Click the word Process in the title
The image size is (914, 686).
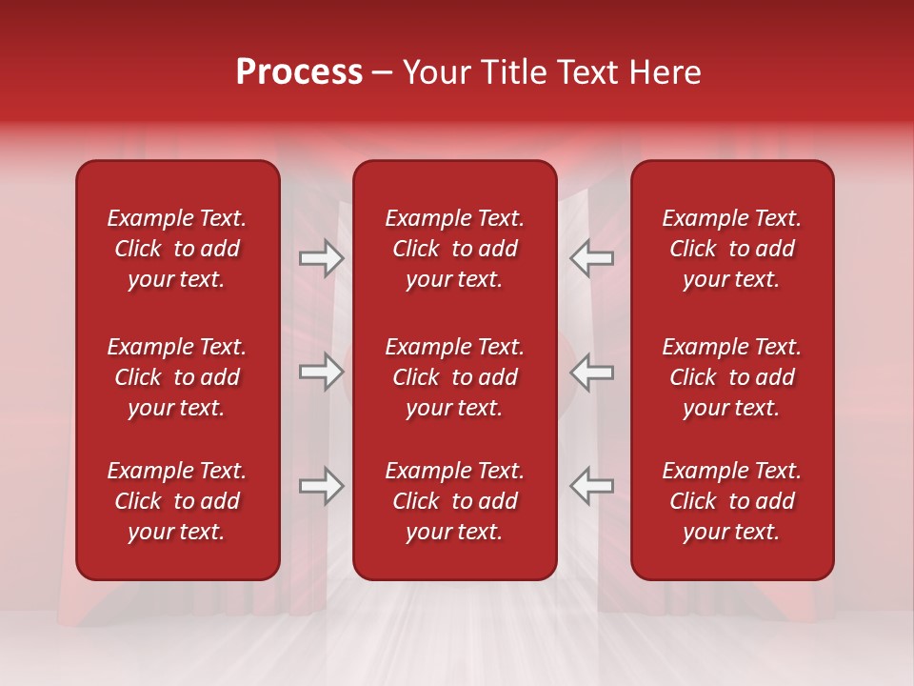pos(299,72)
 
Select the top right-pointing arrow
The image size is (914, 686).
pos(322,258)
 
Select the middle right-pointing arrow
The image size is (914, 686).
pos(322,372)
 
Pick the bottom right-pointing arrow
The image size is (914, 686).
pos(322,486)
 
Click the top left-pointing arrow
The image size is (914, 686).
pos(591,258)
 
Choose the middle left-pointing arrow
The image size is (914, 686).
pos(591,372)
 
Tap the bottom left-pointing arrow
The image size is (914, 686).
pos(591,486)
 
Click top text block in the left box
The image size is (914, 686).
pos(177,249)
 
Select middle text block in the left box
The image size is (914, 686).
pos(177,377)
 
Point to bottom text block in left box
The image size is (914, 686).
pos(177,501)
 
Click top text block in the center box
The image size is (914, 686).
pos(455,249)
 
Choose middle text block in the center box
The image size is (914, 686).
pos(455,377)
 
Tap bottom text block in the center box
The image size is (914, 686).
pos(455,501)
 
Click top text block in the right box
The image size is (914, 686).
pos(732,249)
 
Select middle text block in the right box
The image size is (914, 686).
pos(732,377)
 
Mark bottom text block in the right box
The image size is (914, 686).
pos(732,501)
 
